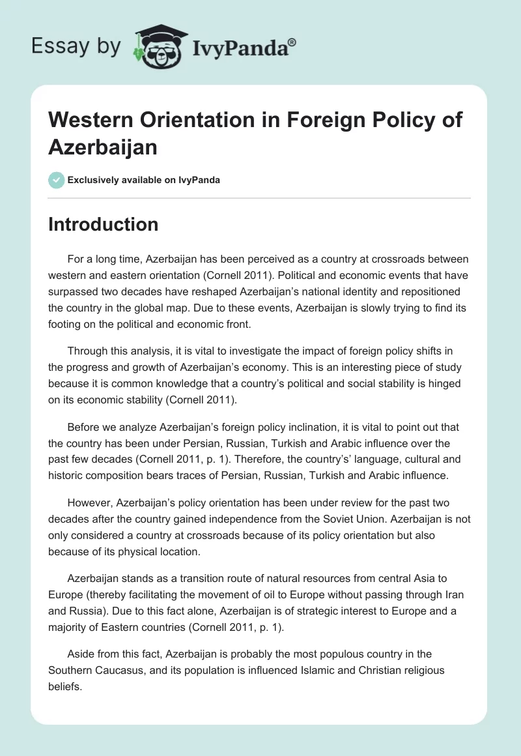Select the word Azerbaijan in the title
103,147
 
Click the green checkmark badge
56,180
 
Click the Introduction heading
103,224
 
